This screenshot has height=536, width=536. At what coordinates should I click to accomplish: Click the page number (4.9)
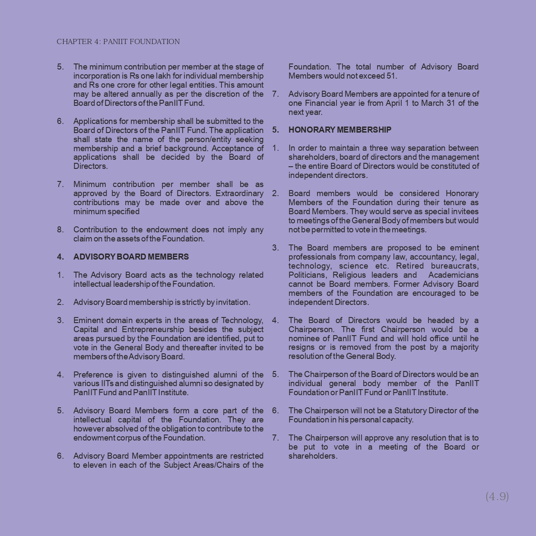(497, 496)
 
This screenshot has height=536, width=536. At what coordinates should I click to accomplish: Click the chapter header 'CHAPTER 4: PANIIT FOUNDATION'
(118, 42)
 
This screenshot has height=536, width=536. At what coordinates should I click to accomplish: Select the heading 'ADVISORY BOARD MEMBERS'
(131, 257)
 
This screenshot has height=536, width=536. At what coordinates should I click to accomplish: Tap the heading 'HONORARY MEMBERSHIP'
(340, 130)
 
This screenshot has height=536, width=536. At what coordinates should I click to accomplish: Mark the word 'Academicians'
(454, 275)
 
